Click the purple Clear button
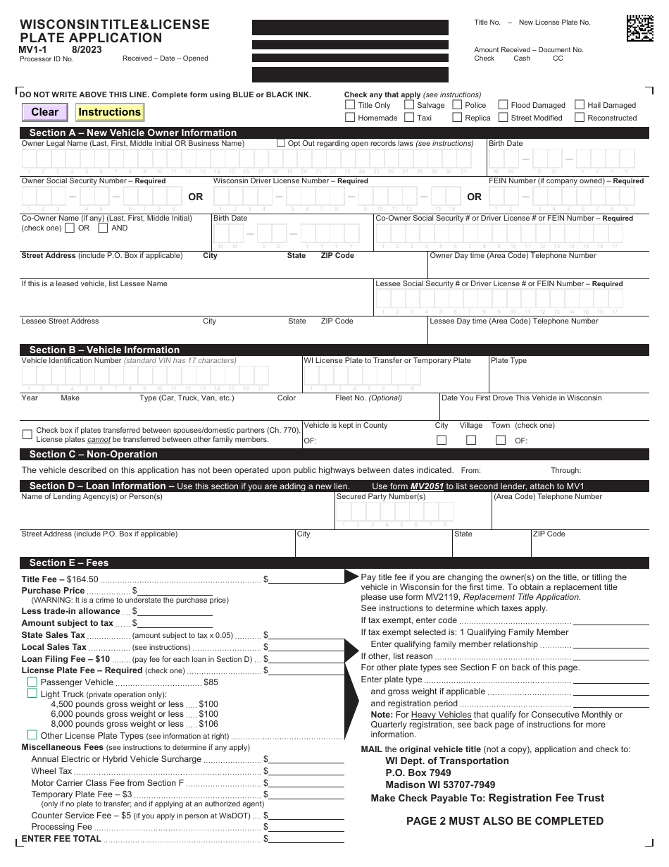pyautogui.click(x=45, y=112)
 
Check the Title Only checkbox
pyautogui.click(x=350, y=105)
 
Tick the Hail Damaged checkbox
pyautogui.click(x=580, y=105)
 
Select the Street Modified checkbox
pyautogui.click(x=503, y=118)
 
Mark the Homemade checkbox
pyautogui.click(x=350, y=118)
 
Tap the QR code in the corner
pyautogui.click(x=639, y=28)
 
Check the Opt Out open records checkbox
pyautogui.click(x=281, y=143)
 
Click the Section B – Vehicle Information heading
pyautogui.click(x=104, y=350)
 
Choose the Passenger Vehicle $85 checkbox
pyautogui.click(x=32, y=682)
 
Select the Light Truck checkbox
pyautogui.click(x=32, y=694)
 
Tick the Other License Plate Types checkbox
pyautogui.click(x=32, y=735)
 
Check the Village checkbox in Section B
pyautogui.click(x=471, y=440)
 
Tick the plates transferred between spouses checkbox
pyautogui.click(x=27, y=434)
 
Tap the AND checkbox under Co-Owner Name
pyautogui.click(x=103, y=228)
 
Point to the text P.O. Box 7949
pyautogui.click(x=418, y=773)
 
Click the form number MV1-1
pyautogui.click(x=33, y=50)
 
